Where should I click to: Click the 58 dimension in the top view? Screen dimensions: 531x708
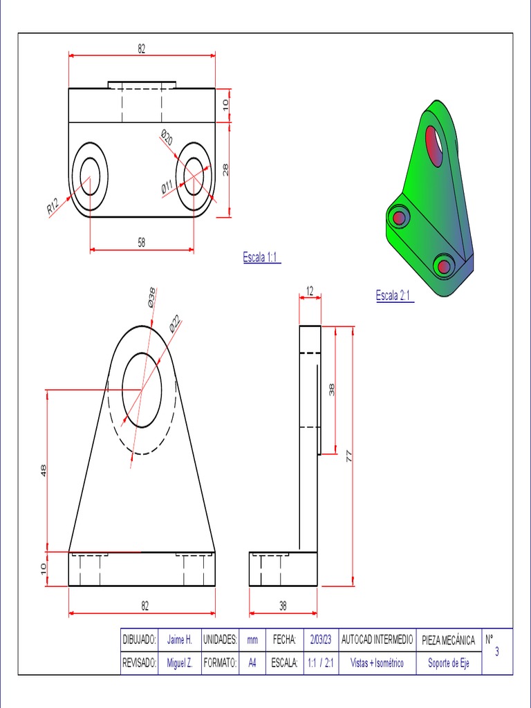[x=141, y=243]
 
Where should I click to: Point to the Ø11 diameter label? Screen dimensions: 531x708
[x=167, y=187]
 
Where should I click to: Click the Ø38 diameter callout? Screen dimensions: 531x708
[x=151, y=297]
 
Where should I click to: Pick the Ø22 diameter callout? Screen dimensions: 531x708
[x=174, y=325]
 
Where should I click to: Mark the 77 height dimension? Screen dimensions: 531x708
[x=348, y=456]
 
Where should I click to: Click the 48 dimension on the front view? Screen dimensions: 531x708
[x=44, y=471]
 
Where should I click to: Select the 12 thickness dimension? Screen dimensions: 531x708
[x=309, y=291]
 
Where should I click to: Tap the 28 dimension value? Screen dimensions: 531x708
[x=226, y=169]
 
